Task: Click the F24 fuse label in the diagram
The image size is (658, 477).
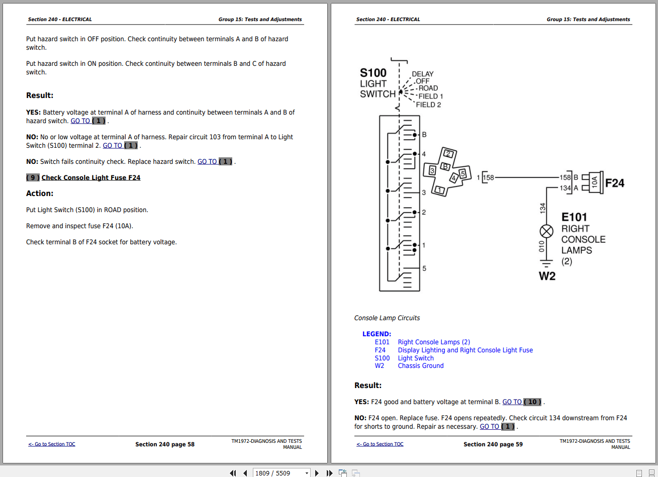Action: click(615, 183)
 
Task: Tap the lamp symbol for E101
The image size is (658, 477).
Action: click(546, 231)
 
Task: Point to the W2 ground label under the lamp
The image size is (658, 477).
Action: click(547, 276)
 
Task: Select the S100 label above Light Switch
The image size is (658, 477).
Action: click(373, 72)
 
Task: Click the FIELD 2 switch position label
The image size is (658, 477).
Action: click(428, 105)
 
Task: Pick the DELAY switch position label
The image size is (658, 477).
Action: click(422, 74)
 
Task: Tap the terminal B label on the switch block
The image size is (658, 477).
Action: click(424, 135)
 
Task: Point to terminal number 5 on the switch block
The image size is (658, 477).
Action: click(424, 268)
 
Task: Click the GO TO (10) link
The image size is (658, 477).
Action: click(522, 402)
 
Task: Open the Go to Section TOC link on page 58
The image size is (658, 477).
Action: click(52, 444)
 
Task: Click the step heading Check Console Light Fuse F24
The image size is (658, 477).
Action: click(91, 178)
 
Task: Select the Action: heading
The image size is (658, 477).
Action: click(40, 194)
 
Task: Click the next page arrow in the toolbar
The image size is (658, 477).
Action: click(317, 473)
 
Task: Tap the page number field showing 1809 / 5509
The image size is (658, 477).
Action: click(281, 473)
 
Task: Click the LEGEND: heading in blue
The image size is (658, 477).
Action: click(377, 334)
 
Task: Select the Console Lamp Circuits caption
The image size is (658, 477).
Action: click(387, 318)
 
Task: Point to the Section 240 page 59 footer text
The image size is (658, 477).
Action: click(493, 444)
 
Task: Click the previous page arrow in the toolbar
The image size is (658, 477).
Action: click(245, 473)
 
